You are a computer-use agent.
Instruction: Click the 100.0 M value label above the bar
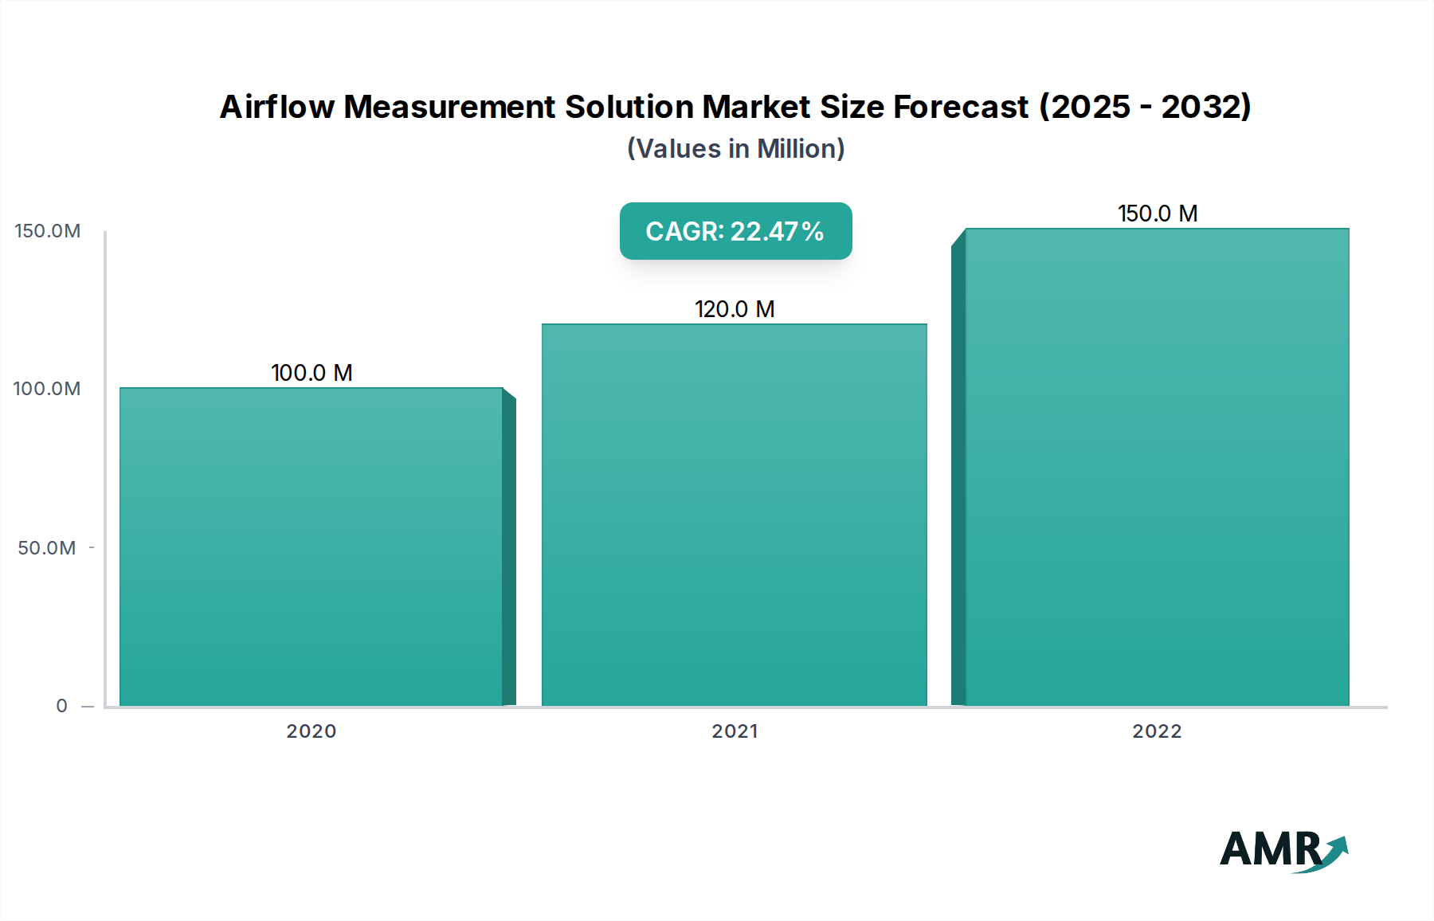tap(311, 373)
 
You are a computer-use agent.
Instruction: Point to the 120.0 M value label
tap(735, 309)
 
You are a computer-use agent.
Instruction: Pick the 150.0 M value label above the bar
tap(1158, 214)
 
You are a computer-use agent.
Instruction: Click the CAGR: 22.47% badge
tap(735, 231)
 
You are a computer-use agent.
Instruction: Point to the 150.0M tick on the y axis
tap(48, 231)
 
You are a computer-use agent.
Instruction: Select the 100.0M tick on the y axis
tap(47, 389)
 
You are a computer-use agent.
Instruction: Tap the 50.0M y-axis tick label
tap(47, 548)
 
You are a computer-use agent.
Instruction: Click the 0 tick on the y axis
tap(62, 706)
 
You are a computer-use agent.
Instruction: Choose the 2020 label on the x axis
tap(311, 731)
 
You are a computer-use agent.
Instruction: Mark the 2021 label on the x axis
tap(735, 731)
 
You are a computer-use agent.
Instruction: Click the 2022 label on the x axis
tap(1157, 731)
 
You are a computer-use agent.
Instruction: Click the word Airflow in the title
tap(276, 107)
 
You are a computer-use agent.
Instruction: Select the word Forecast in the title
tap(961, 107)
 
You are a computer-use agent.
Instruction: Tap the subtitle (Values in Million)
tap(735, 149)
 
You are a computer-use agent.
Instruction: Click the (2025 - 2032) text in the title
tap(1145, 107)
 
